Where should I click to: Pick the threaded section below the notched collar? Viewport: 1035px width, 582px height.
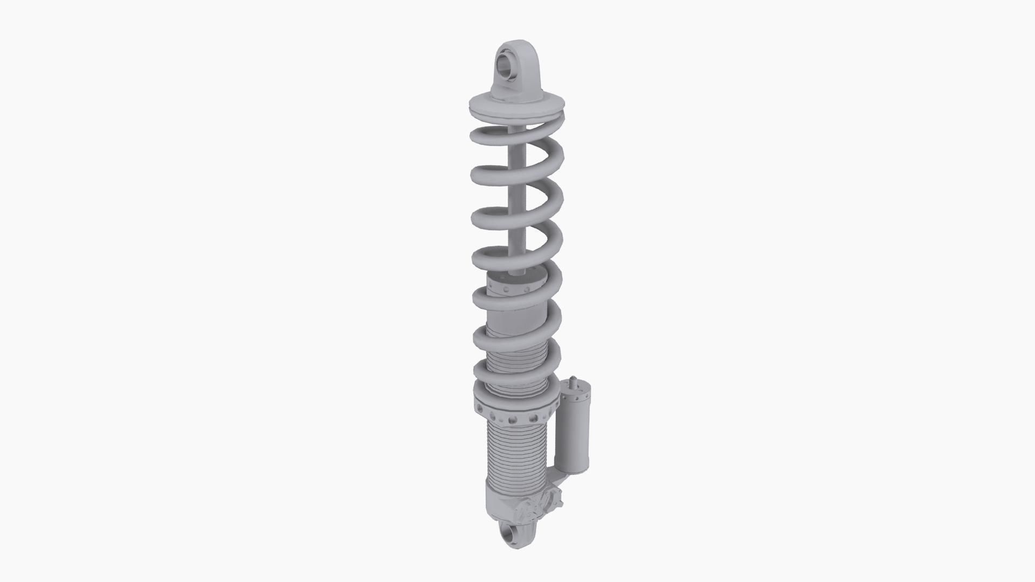(x=516, y=458)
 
